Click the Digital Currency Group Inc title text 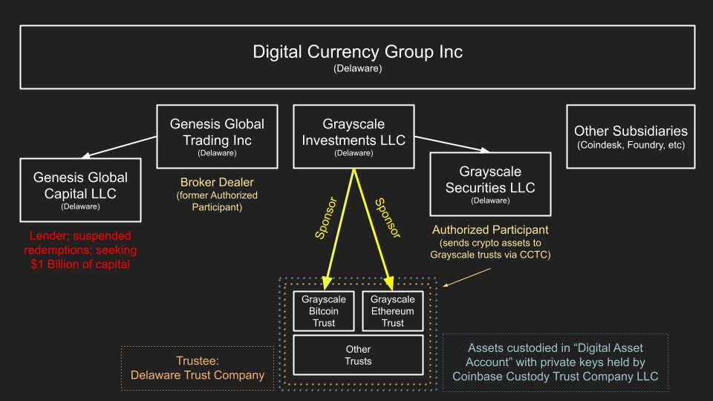358,52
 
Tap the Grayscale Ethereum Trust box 393,311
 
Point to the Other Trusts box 359,355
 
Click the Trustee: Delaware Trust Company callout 197,368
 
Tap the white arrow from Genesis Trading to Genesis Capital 119,147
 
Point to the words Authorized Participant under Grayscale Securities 490,229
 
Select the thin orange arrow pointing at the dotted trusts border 461,278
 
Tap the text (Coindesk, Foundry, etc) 631,144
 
